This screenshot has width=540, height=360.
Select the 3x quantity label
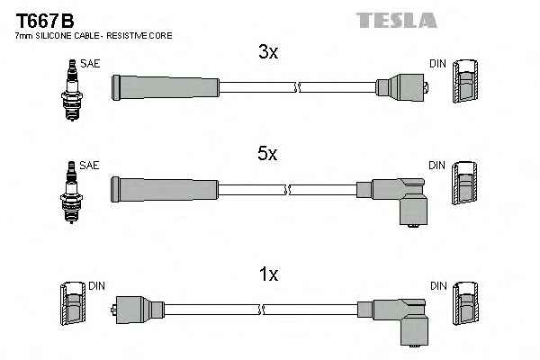point(268,53)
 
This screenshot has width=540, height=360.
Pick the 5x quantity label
point(268,154)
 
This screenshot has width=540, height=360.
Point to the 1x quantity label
point(268,272)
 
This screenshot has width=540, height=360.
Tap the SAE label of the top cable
point(89,63)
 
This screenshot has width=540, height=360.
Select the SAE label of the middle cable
point(89,166)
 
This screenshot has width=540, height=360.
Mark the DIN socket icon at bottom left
point(73,305)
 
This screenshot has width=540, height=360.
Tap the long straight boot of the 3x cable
point(165,86)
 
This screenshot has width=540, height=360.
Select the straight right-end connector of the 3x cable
point(399,86)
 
